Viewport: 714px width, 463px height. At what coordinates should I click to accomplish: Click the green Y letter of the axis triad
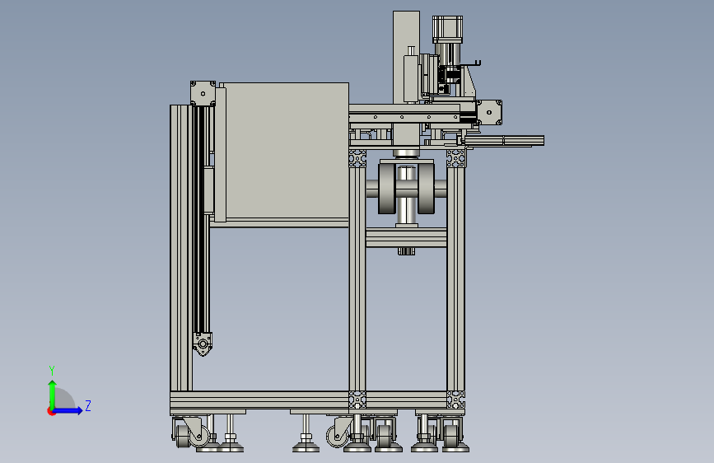(52, 371)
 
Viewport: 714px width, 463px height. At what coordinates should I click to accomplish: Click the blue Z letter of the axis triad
(88, 405)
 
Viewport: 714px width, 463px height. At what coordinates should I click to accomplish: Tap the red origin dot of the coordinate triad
(51, 411)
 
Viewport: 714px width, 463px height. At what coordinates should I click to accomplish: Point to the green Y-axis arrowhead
(53, 384)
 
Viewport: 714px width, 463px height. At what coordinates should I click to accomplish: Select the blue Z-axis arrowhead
(80, 410)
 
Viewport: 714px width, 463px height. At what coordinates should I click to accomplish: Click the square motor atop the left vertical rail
(203, 94)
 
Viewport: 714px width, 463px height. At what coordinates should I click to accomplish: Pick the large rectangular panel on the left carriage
(287, 151)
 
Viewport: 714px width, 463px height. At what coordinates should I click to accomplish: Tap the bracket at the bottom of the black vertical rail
(203, 344)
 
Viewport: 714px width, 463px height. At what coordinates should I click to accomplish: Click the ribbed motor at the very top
(448, 30)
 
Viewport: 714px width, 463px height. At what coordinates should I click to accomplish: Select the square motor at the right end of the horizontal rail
(489, 112)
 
